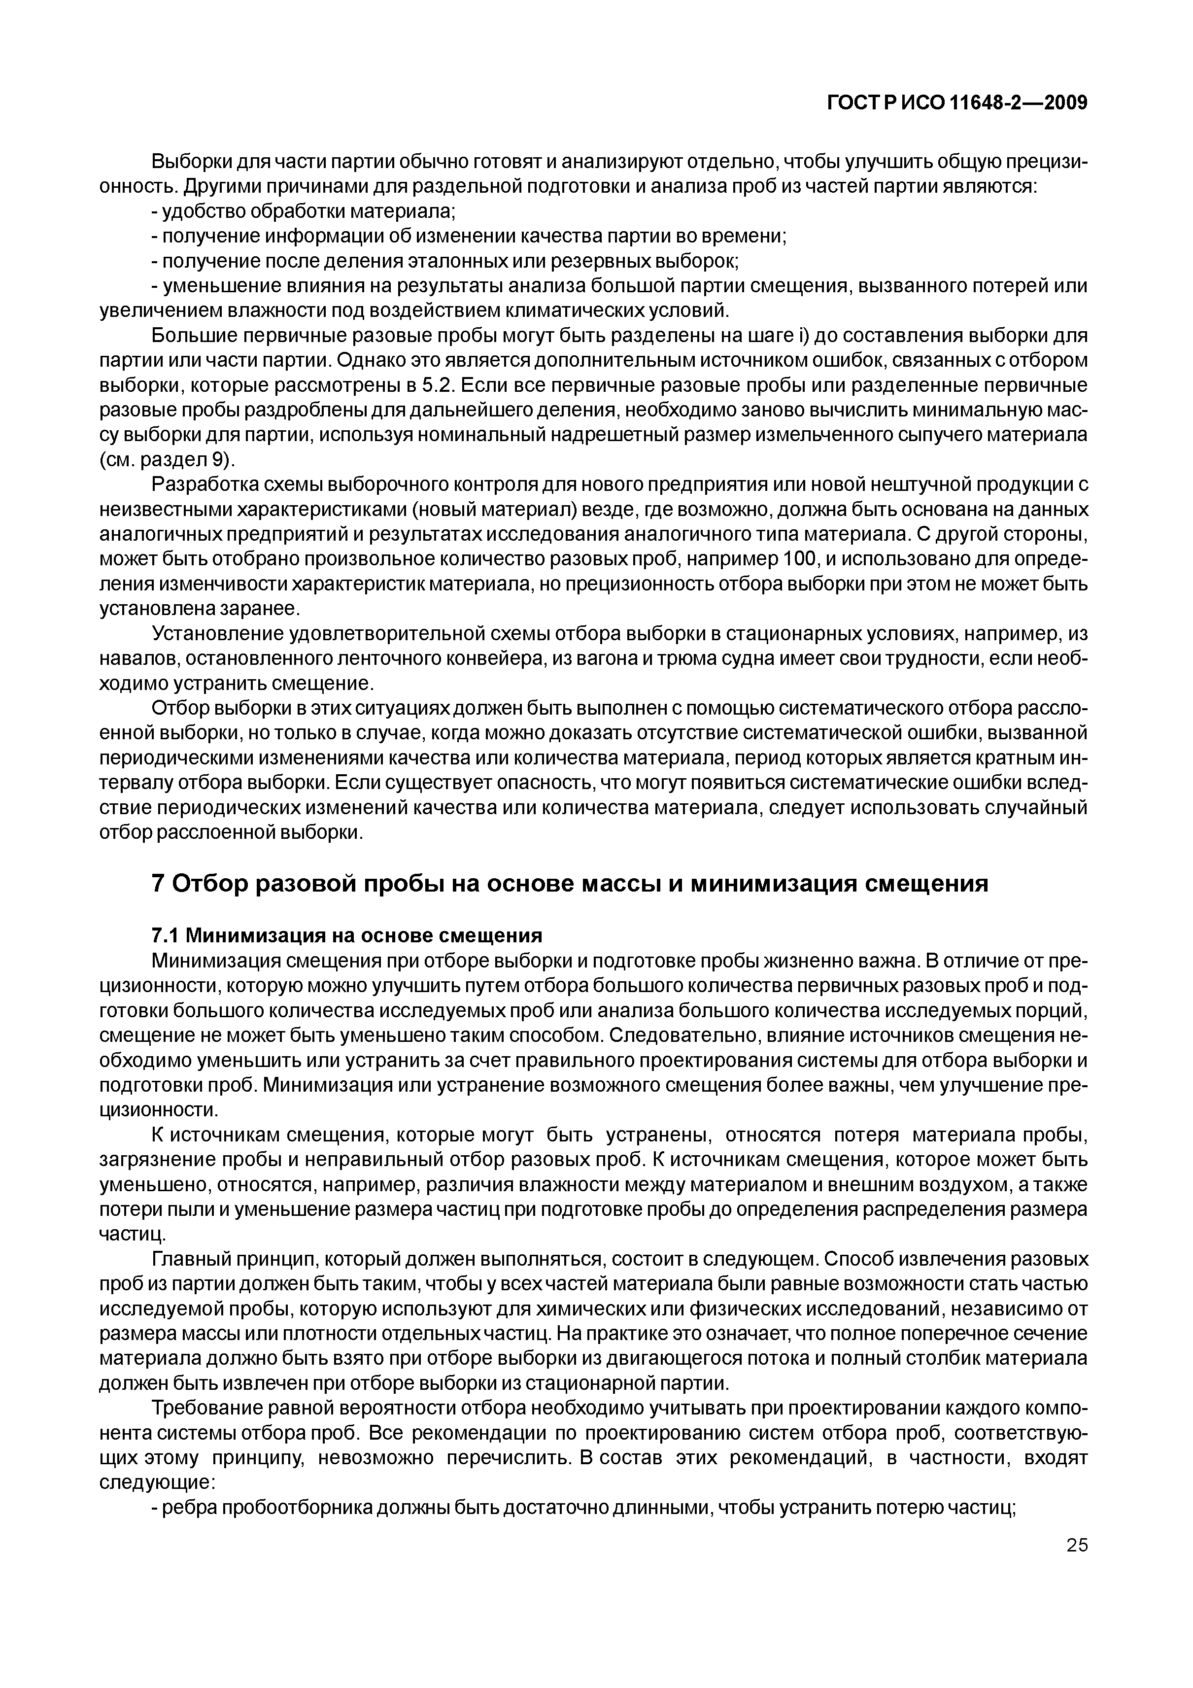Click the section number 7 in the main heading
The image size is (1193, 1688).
[x=157, y=883]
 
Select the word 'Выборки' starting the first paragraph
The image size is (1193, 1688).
[x=190, y=162]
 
